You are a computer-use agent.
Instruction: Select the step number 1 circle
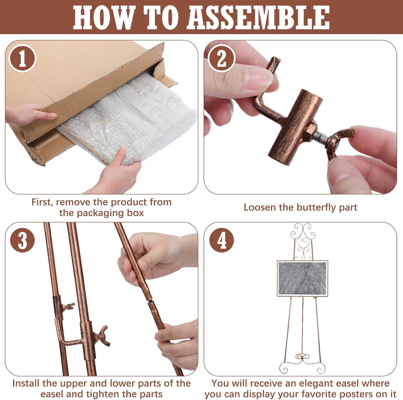click(x=22, y=58)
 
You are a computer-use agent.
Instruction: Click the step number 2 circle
click(x=222, y=58)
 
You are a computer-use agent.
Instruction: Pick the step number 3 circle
click(x=22, y=240)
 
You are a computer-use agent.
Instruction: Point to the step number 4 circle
click(x=222, y=240)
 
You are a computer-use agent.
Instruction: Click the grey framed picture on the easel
click(x=303, y=278)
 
